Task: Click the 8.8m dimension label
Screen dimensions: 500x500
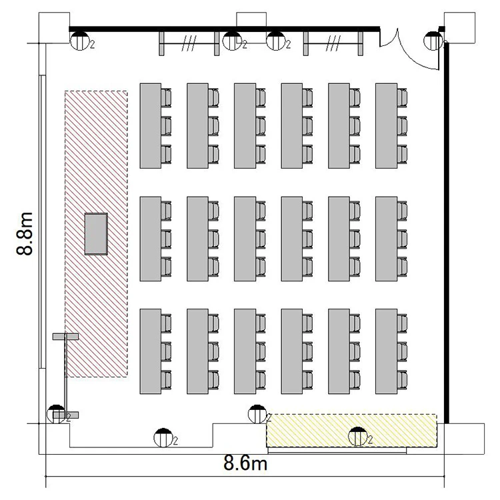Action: (25, 233)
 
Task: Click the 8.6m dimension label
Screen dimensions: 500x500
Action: (245, 463)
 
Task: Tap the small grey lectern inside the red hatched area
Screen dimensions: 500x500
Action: (96, 234)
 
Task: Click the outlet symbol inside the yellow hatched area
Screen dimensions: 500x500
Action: (358, 436)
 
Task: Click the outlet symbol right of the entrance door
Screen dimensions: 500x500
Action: (433, 41)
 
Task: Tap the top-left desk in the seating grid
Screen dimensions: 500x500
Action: (150, 126)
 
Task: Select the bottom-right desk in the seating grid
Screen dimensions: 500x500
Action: (386, 351)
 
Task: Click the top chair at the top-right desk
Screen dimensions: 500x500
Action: (402, 97)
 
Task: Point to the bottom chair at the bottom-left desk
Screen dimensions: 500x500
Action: (166, 379)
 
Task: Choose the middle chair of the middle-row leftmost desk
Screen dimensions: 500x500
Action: (166, 239)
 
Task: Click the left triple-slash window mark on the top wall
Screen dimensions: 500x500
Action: (189, 43)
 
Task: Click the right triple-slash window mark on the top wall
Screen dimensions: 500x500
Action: (333, 43)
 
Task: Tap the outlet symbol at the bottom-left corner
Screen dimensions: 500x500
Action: (57, 414)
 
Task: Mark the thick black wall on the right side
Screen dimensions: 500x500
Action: (447, 233)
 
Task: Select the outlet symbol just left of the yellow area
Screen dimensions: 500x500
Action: (257, 414)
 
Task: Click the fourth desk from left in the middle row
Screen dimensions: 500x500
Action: (292, 239)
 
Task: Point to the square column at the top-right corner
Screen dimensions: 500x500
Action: (459, 28)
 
